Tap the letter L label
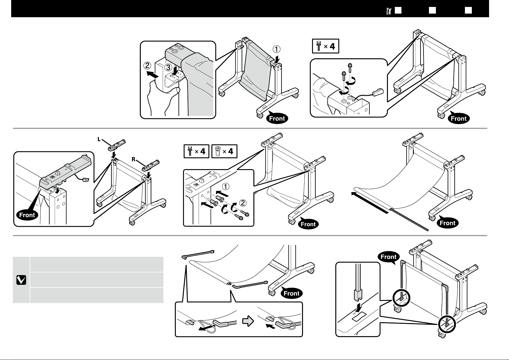99,139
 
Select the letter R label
133,159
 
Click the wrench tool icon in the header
389,11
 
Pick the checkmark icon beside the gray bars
21,280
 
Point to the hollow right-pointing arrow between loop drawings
248,322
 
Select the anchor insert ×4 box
224,151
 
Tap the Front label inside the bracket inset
27,215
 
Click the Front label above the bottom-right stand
388,257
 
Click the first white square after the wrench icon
398,11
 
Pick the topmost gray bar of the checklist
97,264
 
